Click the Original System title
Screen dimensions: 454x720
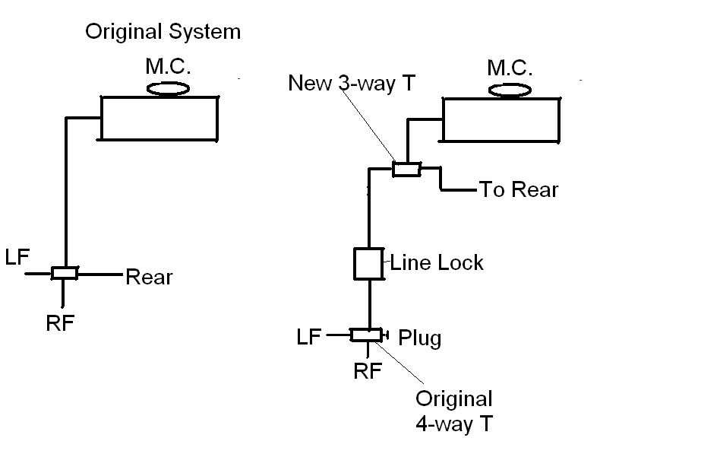(x=163, y=32)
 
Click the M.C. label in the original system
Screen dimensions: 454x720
(x=167, y=67)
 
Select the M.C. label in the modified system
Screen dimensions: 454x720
(x=510, y=68)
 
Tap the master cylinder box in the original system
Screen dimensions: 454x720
(x=159, y=118)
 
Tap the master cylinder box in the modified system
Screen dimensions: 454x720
(x=501, y=119)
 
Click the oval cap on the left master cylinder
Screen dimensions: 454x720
(x=167, y=88)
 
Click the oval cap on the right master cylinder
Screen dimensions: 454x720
(x=510, y=90)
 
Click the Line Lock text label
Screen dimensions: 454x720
(x=437, y=263)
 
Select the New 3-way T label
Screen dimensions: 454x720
(x=352, y=83)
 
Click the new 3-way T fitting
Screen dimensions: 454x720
(x=406, y=169)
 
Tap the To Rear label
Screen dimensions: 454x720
(x=518, y=189)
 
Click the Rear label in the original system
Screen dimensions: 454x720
(x=149, y=277)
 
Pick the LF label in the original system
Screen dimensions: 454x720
(x=17, y=258)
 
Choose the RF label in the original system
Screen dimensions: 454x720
(x=60, y=322)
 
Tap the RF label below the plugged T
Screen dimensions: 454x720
(x=368, y=370)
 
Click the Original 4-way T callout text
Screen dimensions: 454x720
(x=453, y=411)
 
